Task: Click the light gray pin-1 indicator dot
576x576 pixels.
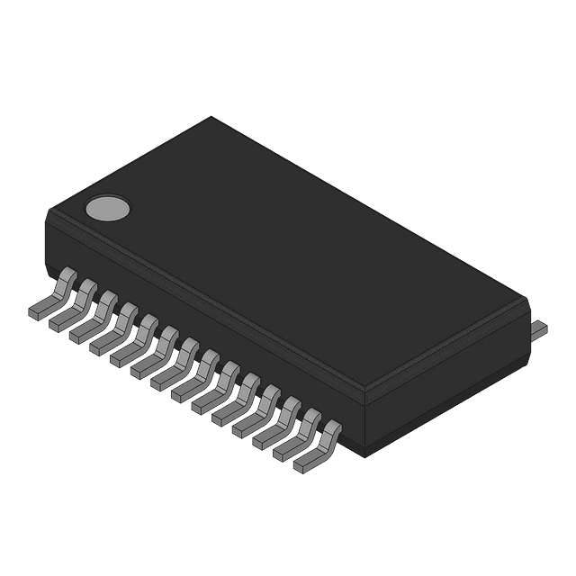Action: point(107,208)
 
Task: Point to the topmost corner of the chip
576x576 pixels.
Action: point(211,117)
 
